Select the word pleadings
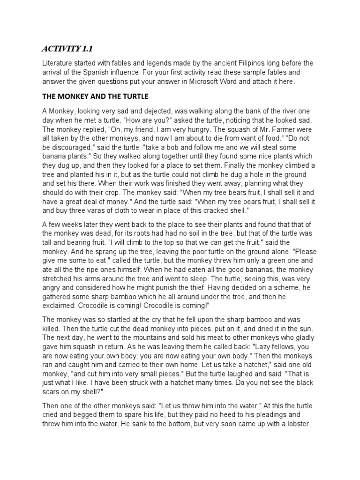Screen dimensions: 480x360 (x=262, y=415)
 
